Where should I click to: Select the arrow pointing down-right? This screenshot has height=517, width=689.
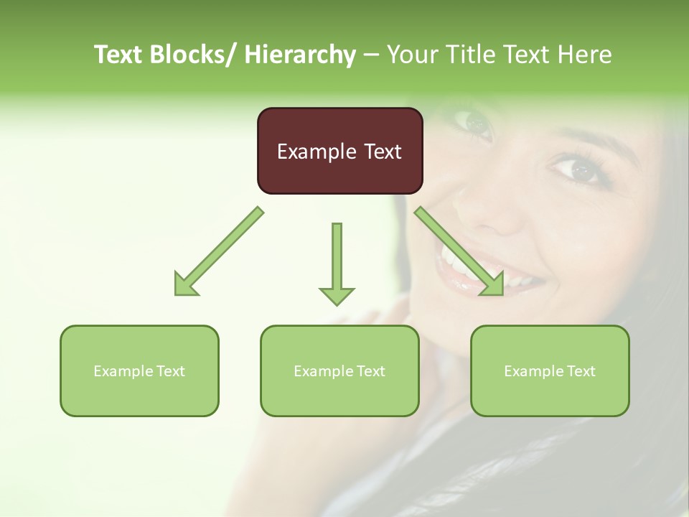tap(459, 251)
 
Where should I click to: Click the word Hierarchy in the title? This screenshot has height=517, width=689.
tap(300, 55)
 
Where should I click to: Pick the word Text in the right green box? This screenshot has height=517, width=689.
tap(581, 371)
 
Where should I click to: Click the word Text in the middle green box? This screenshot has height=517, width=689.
tap(371, 371)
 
